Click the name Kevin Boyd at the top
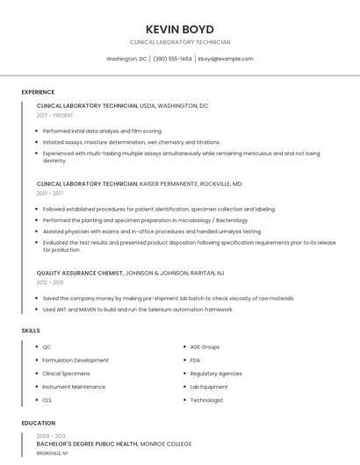tap(180, 29)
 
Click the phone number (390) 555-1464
tap(172, 59)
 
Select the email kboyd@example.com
tap(226, 59)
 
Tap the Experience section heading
tap(38, 92)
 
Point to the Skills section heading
tap(31, 331)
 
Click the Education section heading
tap(38, 423)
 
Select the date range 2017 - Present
tap(55, 116)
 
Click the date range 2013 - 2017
tap(50, 193)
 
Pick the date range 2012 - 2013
tap(50, 283)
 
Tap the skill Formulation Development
tap(76, 361)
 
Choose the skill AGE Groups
tap(205, 347)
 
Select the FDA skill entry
tap(195, 361)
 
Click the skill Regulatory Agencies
tap(216, 374)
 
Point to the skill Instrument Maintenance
tap(74, 387)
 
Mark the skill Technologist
tap(206, 400)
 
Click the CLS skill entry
tap(47, 400)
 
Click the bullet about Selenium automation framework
tap(138, 309)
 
